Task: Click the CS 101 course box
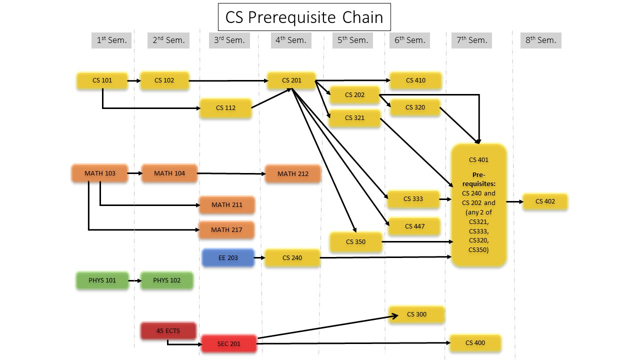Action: click(102, 80)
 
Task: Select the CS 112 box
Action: click(225, 108)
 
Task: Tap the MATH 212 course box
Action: click(292, 174)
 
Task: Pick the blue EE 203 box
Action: click(228, 258)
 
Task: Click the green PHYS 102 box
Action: click(166, 280)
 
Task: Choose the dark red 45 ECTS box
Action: click(168, 331)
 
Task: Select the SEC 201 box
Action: click(229, 343)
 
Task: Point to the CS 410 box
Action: click(415, 80)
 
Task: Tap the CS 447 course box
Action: click(414, 226)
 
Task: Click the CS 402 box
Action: click(545, 201)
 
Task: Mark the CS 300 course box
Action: click(416, 314)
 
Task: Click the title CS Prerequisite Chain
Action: click(304, 17)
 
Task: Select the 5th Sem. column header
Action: click(352, 40)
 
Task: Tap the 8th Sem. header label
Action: click(540, 40)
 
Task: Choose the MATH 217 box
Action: click(226, 230)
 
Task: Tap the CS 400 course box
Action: click(475, 343)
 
